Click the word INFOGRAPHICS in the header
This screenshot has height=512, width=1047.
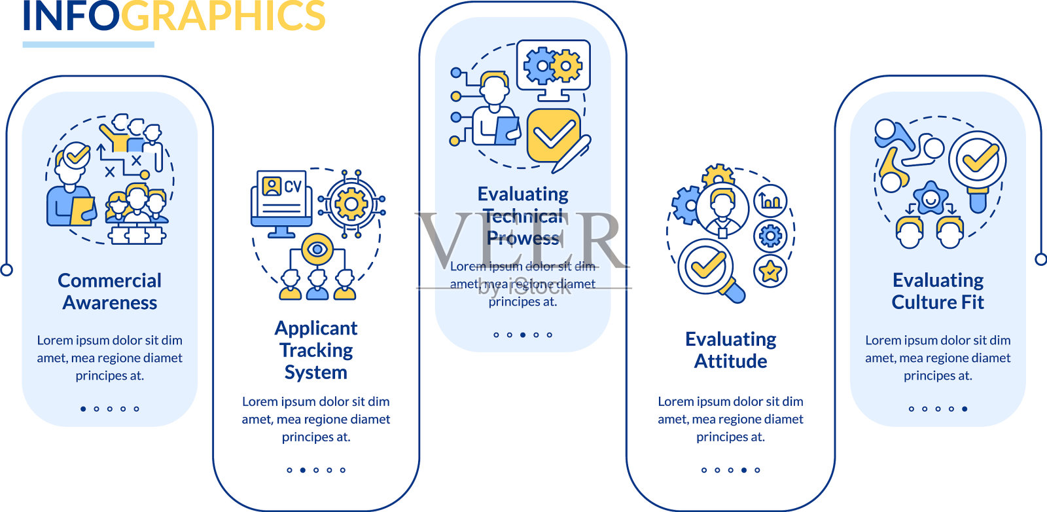pos(174,16)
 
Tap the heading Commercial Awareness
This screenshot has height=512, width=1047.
pos(110,291)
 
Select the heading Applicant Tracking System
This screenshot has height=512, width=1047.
pos(316,350)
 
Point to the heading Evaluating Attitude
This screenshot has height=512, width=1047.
pos(730,350)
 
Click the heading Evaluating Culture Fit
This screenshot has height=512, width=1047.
pos(938,291)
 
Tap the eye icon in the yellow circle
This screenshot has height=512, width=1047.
pos(317,249)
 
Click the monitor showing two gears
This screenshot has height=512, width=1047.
pos(553,65)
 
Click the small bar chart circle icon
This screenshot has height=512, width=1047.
pos(770,201)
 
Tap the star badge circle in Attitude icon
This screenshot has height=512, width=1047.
pos(770,271)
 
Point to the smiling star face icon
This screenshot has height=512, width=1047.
pos(930,198)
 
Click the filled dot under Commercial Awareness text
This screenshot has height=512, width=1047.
pos(83,409)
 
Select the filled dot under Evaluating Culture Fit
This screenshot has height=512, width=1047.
pos(965,409)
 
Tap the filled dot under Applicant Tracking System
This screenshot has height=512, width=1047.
pos(302,470)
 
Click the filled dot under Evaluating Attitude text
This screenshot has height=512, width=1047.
pos(744,470)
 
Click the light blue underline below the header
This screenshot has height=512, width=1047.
pos(88,45)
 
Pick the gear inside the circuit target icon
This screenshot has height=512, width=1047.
pos(351,204)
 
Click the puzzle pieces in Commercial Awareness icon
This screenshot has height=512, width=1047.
pos(137,234)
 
